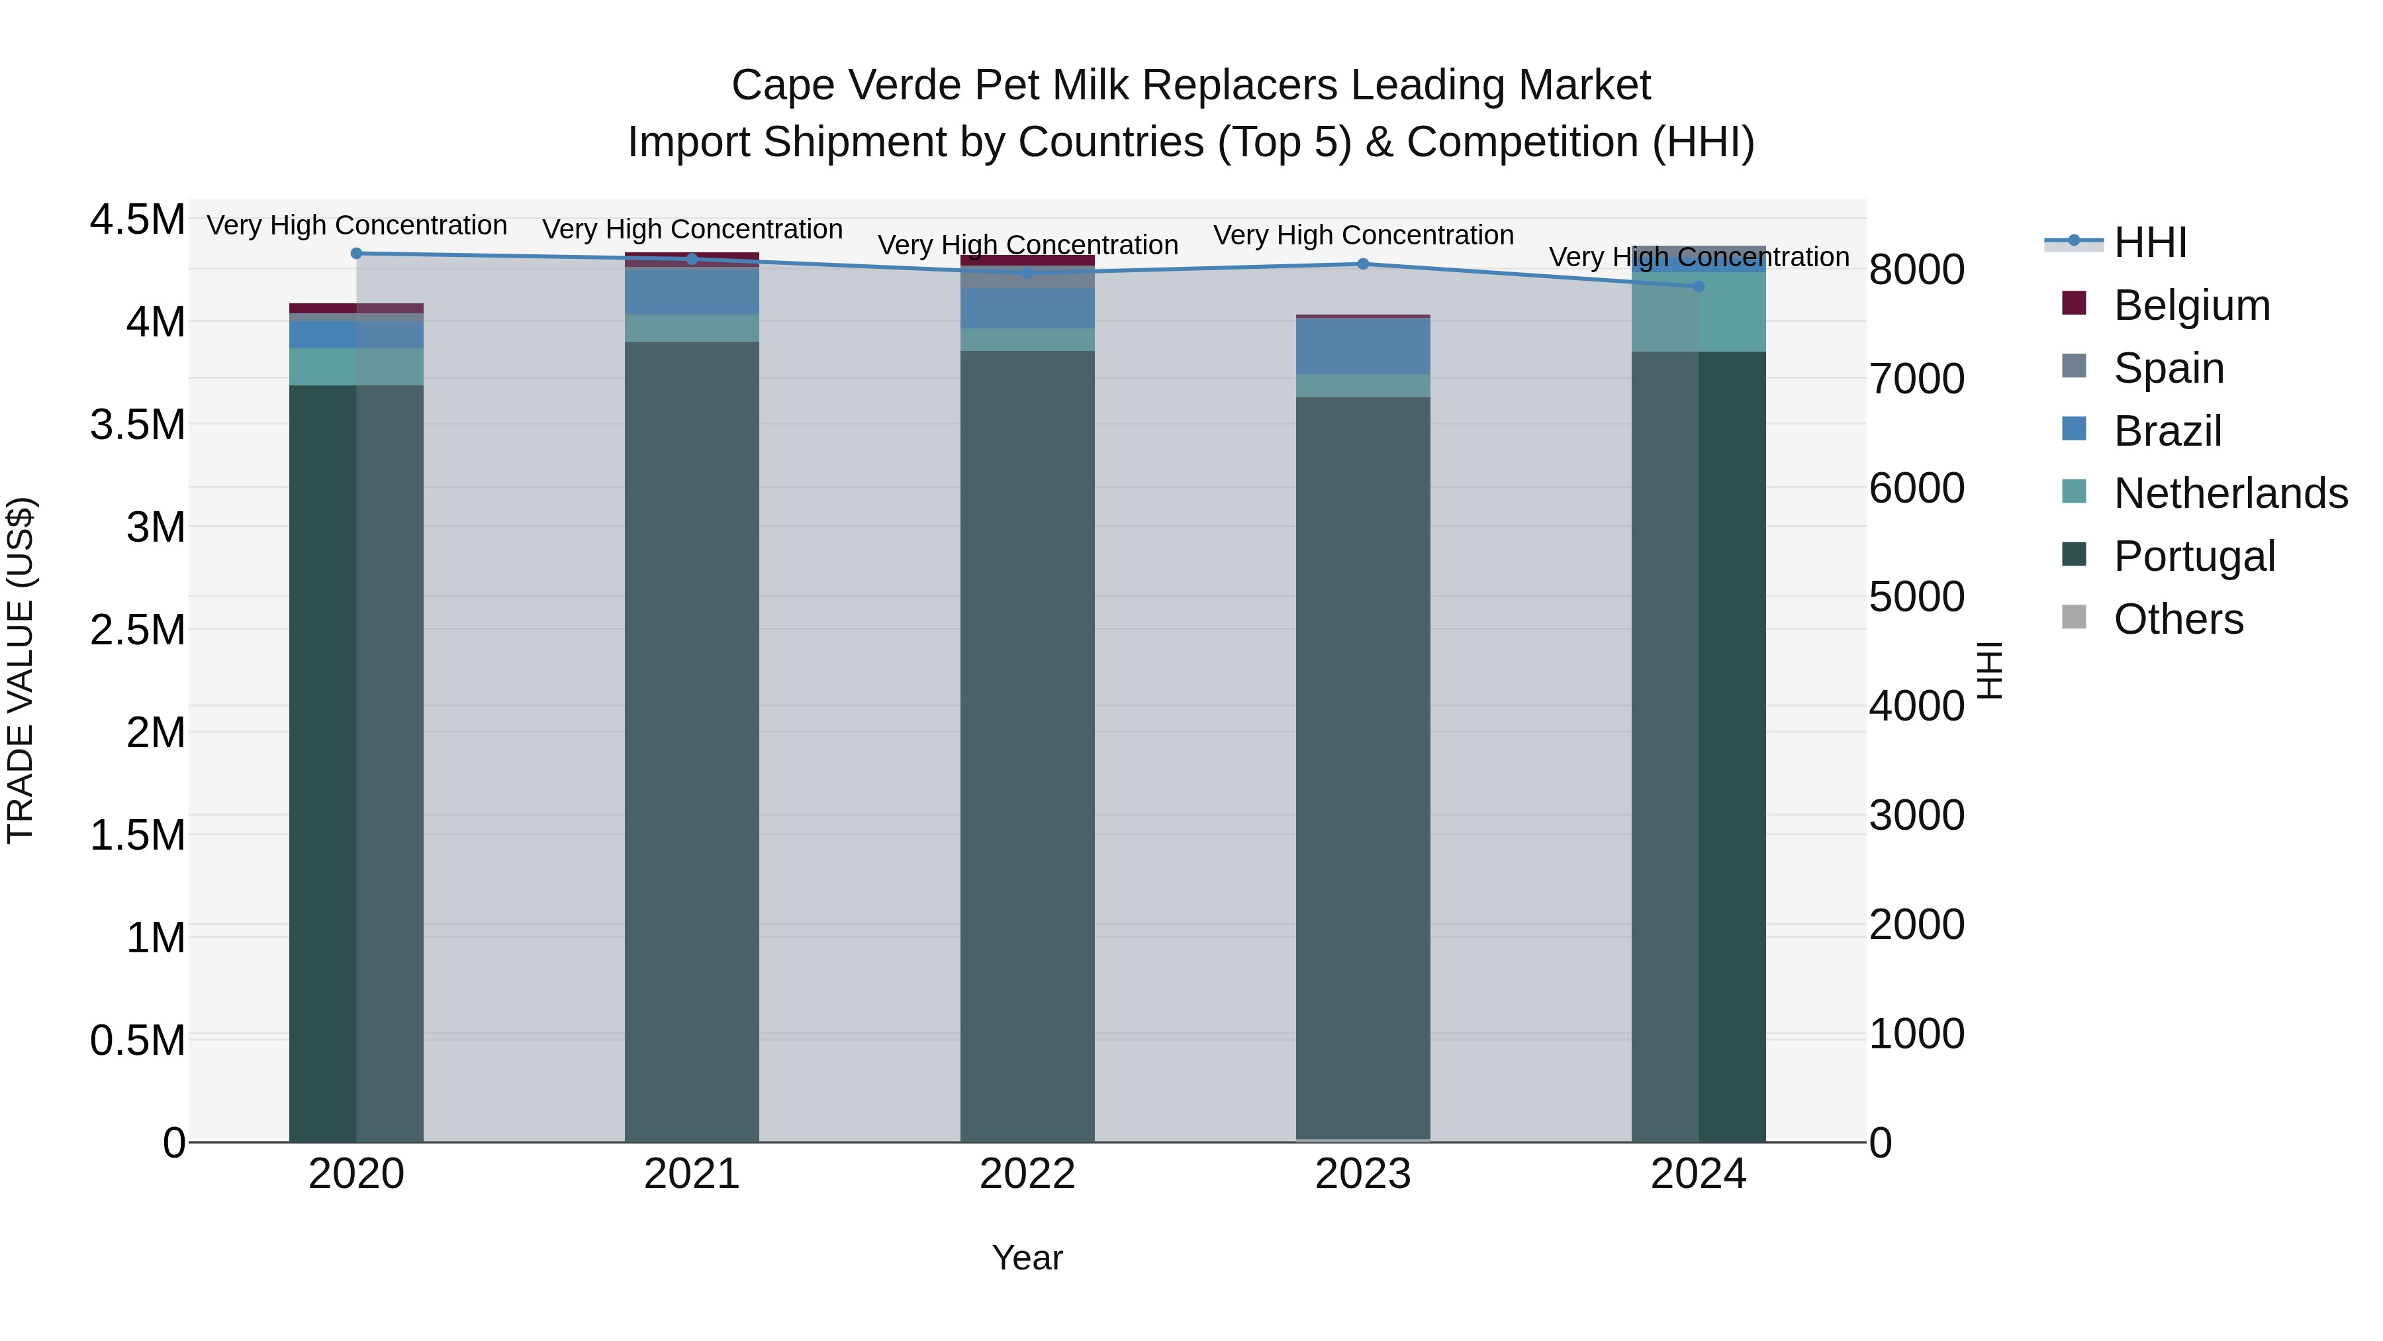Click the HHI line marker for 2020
356,254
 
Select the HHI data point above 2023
1363,264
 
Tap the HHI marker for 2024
1699,287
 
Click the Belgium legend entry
2192,305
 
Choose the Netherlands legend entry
2230,493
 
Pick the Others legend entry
2178,619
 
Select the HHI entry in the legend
2150,242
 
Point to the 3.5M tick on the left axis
137,424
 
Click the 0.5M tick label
137,1040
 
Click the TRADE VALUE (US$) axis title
21,670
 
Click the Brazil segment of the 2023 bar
1363,346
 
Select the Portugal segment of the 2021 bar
692,740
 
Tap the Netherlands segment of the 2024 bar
1699,312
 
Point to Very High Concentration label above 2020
356,226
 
